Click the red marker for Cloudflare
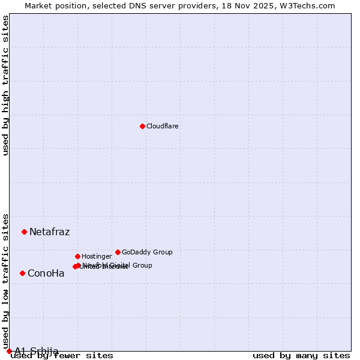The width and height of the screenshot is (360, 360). pos(142,126)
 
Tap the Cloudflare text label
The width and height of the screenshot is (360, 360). pos(162,127)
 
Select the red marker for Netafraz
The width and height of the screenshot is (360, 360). pos(24,232)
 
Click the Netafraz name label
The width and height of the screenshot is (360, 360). pos(49,232)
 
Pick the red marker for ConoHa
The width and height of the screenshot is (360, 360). pos(22,273)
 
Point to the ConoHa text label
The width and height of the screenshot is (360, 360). pos(46,274)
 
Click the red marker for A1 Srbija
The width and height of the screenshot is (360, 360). pos(9,351)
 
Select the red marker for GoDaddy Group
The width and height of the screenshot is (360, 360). pos(118,252)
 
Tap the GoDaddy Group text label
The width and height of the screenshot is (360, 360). pos(147,253)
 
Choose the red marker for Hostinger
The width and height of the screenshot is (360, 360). pos(77,256)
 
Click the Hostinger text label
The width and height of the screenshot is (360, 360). pos(97,257)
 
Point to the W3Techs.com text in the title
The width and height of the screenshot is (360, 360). pos(307,6)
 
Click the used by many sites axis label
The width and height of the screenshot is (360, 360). pos(301,355)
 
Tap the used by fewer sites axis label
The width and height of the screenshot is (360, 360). pos(62,355)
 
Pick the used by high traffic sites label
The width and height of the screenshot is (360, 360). pos(6,85)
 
